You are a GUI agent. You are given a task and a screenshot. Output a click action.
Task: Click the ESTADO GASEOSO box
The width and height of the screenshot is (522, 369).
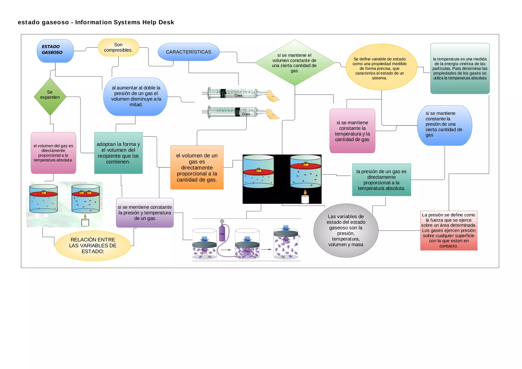55,51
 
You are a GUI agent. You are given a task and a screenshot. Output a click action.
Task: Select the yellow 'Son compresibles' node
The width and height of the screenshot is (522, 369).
118,47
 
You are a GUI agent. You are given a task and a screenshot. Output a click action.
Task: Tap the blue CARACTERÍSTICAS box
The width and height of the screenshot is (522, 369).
188,52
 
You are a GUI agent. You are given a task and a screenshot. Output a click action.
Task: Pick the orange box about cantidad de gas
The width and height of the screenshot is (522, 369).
197,167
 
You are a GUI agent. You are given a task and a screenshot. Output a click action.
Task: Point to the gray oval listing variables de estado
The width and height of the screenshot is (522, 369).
346,230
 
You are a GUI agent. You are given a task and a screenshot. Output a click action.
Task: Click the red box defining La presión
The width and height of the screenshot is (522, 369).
449,230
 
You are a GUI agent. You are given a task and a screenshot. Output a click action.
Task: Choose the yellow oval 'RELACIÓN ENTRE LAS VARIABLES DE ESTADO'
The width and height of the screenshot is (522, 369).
93,245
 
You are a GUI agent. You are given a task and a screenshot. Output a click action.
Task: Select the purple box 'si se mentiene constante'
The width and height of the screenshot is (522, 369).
145,212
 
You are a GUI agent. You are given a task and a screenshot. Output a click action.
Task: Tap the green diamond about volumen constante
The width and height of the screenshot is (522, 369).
294,63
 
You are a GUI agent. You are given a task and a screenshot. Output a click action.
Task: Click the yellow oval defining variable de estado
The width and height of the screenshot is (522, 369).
381,67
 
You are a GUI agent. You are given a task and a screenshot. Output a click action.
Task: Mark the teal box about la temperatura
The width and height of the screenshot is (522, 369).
460,68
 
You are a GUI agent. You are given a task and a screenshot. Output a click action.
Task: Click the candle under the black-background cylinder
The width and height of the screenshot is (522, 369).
305,198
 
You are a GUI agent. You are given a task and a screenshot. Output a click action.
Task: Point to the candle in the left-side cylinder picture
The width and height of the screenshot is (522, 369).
85,221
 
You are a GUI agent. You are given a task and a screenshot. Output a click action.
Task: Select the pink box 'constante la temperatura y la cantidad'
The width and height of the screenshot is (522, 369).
352,131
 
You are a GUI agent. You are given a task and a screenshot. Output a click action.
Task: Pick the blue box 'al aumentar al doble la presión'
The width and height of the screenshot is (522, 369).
135,96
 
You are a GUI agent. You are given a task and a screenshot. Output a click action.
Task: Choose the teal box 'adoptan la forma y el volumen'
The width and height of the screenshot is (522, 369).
118,153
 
